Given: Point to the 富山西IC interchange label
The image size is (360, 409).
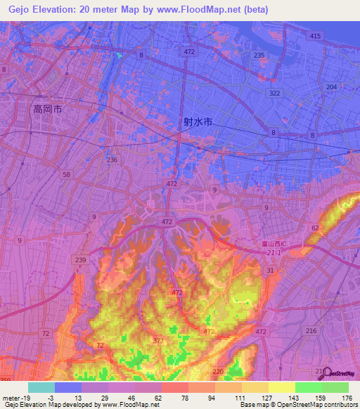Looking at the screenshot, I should (267, 245).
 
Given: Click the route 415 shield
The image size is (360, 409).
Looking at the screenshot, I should (314, 36).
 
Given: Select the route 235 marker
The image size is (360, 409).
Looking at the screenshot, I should (259, 56).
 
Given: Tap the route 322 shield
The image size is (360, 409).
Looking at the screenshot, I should (274, 93).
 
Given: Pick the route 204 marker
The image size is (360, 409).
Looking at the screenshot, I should (331, 86).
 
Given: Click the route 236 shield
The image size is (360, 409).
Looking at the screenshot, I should (112, 160).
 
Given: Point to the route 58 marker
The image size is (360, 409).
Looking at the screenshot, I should (66, 174).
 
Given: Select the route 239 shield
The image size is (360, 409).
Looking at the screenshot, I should (81, 260).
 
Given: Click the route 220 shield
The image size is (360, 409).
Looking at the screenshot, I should (217, 371).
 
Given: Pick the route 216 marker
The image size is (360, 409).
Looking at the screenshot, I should (311, 329).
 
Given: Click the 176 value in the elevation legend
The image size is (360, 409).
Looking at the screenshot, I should (346, 398).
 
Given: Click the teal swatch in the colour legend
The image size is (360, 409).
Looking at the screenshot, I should (41, 387).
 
